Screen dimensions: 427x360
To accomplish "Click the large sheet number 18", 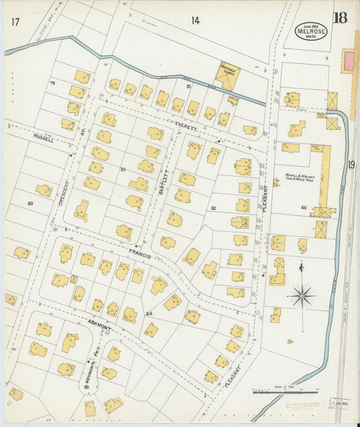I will tap(340, 18).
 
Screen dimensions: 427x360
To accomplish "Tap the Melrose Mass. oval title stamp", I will tap(311, 30).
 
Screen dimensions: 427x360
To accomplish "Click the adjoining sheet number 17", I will tap(15, 22).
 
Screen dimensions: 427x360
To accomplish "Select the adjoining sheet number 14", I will tap(195, 21).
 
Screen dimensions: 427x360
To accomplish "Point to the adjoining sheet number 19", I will tap(352, 164).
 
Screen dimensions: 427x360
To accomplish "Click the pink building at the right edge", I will tap(349, 61).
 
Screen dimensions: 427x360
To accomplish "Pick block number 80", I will tap(30, 203).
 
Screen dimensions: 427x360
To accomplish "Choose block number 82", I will tap(213, 208).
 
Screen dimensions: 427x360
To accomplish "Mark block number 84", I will tap(149, 314).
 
